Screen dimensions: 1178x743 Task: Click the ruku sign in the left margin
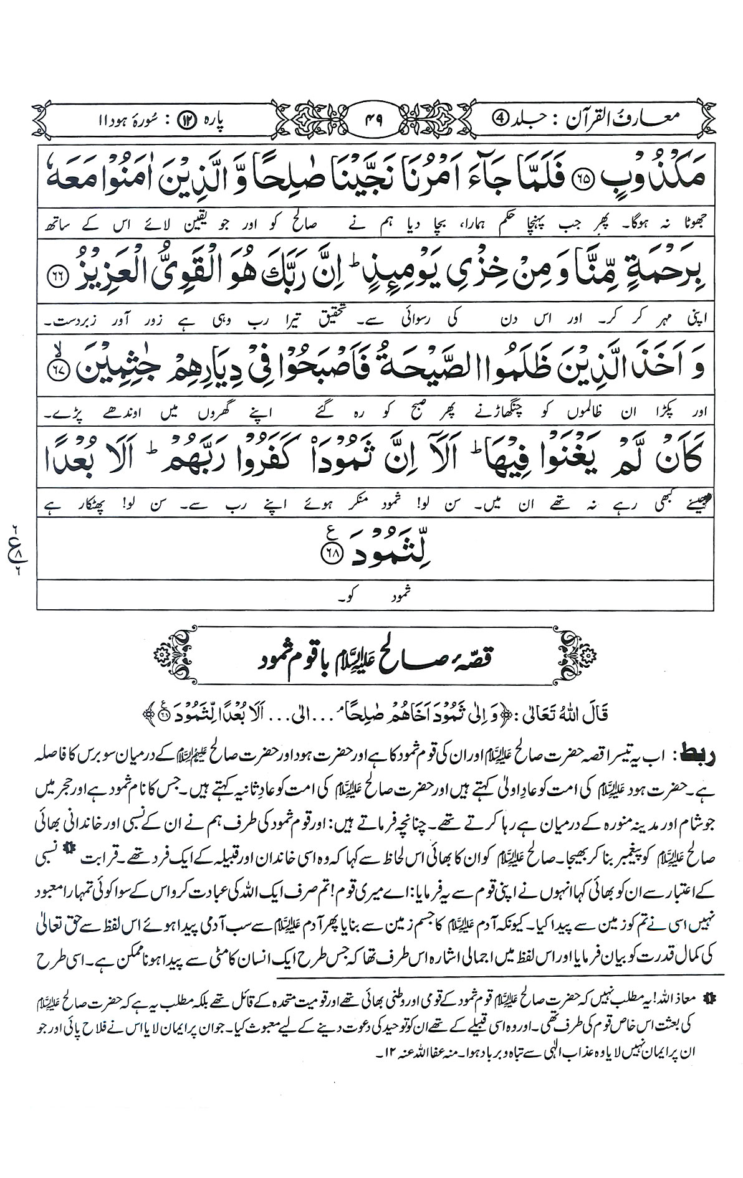14,549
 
